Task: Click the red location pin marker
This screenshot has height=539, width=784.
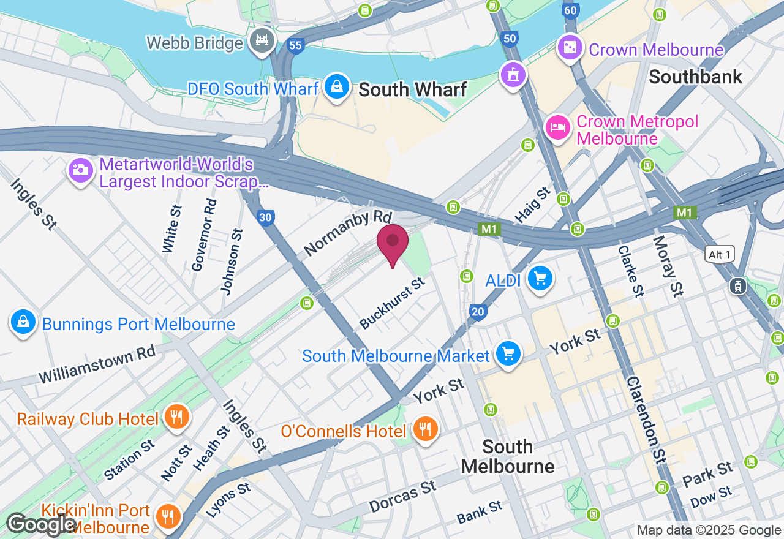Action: tap(393, 243)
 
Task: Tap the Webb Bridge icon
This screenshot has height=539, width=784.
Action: tap(263, 41)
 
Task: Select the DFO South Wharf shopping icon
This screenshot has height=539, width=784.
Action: tap(337, 87)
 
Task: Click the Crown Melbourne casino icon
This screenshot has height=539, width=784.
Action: tap(570, 48)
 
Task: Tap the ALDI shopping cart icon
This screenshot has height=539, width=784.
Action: tap(540, 279)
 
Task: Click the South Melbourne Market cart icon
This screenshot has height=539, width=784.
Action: tap(508, 354)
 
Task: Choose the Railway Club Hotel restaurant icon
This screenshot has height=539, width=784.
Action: tap(177, 418)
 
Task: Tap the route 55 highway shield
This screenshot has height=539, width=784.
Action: tap(296, 45)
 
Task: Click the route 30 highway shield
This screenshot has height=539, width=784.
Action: tap(265, 217)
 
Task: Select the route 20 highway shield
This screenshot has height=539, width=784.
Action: tap(478, 312)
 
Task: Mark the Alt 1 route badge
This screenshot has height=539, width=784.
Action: tap(719, 255)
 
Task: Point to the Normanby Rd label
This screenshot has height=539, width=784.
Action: tap(347, 233)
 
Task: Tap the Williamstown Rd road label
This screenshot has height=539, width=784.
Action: tap(97, 364)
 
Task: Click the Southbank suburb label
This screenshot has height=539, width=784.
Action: tap(695, 77)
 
